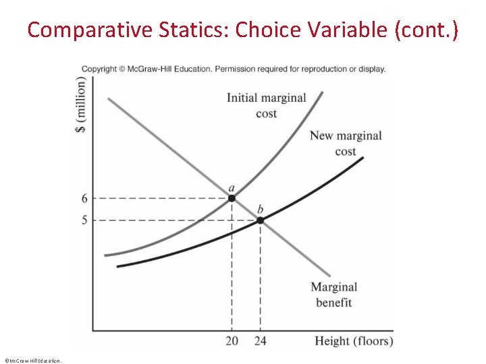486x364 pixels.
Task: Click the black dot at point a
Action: (x=232, y=198)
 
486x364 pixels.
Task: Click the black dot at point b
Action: (x=260, y=220)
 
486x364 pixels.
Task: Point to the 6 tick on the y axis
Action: (x=85, y=198)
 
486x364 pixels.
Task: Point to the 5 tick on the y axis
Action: (x=85, y=220)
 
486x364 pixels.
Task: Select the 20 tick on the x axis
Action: (x=232, y=341)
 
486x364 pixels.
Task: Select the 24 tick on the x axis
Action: (x=260, y=341)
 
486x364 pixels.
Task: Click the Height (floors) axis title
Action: (x=354, y=341)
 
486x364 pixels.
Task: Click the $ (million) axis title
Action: (x=82, y=104)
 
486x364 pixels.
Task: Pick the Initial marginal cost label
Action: (x=266, y=105)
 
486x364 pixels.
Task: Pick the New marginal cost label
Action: (x=346, y=143)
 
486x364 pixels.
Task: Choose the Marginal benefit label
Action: (x=334, y=295)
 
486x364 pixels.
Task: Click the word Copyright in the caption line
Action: (x=99, y=69)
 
